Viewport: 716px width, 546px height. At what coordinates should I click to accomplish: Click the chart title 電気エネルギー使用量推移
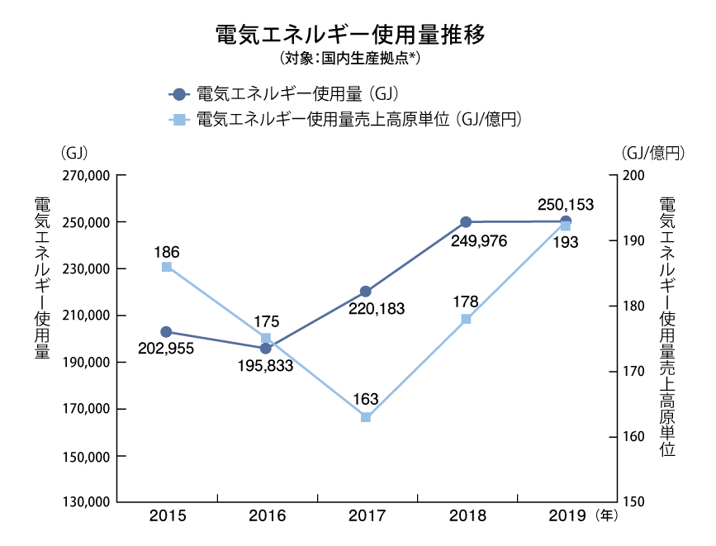[x=349, y=36]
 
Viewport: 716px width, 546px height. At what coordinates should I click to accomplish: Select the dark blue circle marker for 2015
[x=167, y=332]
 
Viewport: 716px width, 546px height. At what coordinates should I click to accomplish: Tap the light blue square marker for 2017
[x=366, y=417]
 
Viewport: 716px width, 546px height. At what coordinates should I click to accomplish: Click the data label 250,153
[x=566, y=204]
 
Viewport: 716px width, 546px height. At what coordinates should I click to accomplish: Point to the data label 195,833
[x=265, y=365]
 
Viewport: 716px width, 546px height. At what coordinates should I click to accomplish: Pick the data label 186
[x=167, y=251]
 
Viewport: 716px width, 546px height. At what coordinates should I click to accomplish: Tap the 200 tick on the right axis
[x=633, y=176]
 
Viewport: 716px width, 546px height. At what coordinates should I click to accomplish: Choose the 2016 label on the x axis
[x=266, y=517]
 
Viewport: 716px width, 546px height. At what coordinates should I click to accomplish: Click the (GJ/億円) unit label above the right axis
[x=652, y=153]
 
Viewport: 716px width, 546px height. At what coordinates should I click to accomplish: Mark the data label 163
[x=366, y=400]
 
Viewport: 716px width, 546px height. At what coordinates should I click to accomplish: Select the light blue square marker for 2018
[x=466, y=319]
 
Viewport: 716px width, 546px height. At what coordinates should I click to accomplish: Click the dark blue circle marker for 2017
[x=366, y=292]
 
